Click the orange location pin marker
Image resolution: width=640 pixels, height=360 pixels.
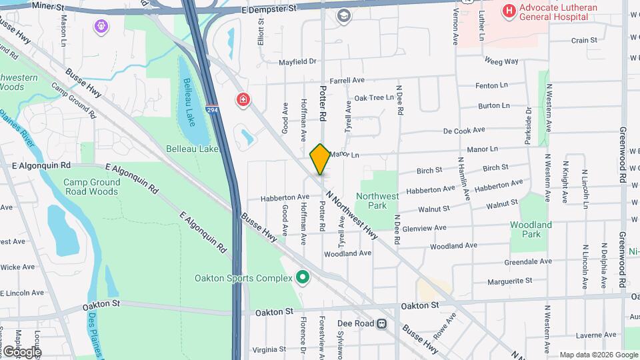point(320,159)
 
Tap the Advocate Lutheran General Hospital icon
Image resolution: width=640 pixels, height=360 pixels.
point(510,11)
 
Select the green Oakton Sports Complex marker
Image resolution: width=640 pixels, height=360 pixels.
point(303,277)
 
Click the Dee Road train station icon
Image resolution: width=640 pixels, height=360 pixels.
point(381,324)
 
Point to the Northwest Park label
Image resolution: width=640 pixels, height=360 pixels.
point(377,201)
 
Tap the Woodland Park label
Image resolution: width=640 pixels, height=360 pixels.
point(531,230)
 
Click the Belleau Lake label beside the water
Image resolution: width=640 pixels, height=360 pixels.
point(192,149)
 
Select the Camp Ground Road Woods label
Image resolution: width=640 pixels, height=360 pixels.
point(91,187)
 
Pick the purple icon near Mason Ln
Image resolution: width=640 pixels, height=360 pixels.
point(101,27)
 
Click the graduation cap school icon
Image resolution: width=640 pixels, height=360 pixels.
point(344,16)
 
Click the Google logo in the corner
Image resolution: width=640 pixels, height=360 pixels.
point(23,351)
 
